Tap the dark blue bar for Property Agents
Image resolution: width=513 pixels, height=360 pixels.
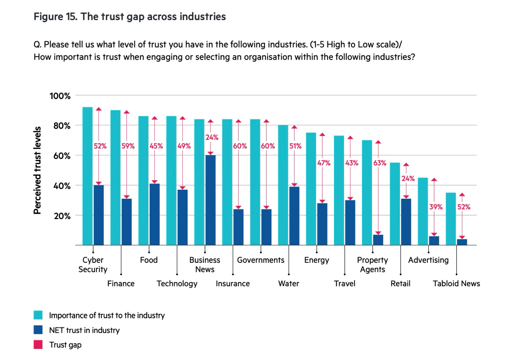[378, 240]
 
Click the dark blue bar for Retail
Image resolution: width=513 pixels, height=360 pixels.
[406, 222]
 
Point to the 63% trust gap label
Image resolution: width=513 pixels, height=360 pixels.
[380, 163]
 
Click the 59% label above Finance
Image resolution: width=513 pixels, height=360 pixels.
[128, 146]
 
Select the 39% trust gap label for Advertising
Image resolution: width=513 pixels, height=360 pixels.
[436, 207]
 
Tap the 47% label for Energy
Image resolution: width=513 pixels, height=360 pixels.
[324, 163]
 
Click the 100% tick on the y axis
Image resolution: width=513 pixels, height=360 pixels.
[60, 96]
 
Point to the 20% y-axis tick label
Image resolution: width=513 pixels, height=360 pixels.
[62, 216]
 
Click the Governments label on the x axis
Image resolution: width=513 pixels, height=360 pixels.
[261, 260]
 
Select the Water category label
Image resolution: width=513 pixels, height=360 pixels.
[289, 284]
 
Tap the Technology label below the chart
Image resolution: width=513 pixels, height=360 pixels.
[177, 284]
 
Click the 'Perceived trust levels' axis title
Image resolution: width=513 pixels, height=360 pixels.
[37, 170]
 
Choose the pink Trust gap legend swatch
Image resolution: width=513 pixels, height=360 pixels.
[38, 345]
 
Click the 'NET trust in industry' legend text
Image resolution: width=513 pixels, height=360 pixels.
[84, 330]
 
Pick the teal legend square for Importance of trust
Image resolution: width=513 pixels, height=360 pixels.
[38, 315]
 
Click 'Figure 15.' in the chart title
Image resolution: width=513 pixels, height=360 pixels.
[55, 17]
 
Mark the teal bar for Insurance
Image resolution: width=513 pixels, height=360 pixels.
[227, 182]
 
